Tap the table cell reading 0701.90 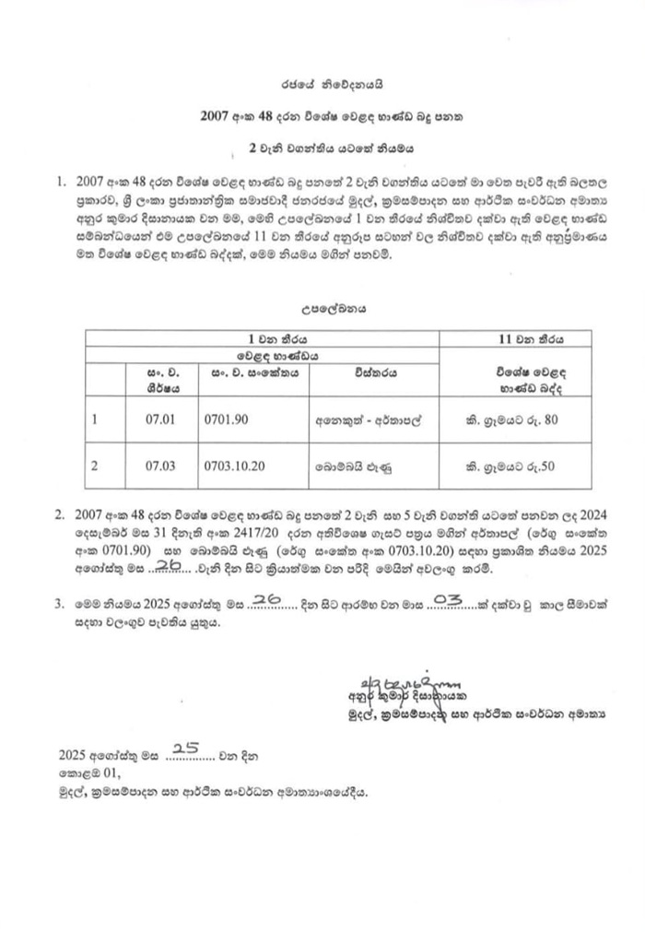[x=226, y=419]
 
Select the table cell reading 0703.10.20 [x=236, y=466]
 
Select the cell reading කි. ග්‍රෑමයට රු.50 [x=515, y=466]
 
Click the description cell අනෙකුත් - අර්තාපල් [x=368, y=419]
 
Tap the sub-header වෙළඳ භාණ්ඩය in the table [x=264, y=353]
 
